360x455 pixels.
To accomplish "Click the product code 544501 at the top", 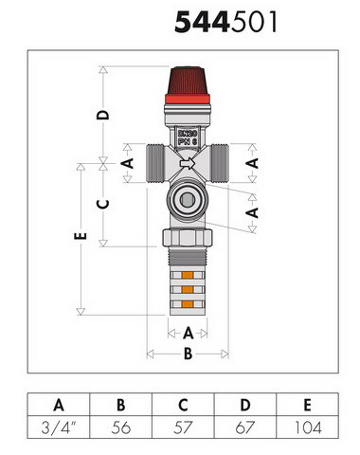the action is point(226,22).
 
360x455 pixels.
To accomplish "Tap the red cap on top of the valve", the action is point(188,85).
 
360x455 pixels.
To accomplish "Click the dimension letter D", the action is point(102,115).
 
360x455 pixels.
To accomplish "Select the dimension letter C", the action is point(102,204).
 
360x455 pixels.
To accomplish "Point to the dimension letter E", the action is point(81,236).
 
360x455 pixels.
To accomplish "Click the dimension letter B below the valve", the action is point(188,354).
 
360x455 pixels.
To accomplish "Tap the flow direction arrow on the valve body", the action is point(188,163).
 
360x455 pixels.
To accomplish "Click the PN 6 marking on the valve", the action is point(188,141).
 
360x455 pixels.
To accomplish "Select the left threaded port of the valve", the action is point(154,163).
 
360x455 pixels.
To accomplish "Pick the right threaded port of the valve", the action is point(220,163).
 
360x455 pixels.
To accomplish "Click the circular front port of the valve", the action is point(188,199).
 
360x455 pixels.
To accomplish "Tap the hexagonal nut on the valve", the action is point(188,238).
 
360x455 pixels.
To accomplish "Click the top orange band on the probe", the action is point(188,275).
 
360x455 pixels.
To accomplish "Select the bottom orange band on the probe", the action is point(188,304).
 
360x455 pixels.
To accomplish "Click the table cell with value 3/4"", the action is point(59,428).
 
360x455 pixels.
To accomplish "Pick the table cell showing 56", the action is point(121,428).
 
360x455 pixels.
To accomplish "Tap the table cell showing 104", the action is point(308,428).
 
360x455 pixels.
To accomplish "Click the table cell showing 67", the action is point(245,428).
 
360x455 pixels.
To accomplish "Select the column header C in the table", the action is point(183,405).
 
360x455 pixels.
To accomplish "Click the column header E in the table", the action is point(308,405).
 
